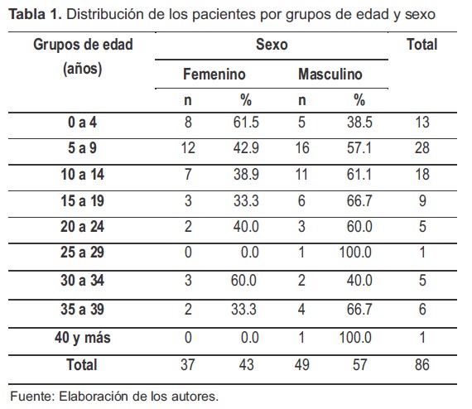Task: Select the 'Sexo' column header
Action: click(272, 45)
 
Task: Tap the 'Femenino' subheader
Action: click(214, 75)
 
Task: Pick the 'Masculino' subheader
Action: click(330, 75)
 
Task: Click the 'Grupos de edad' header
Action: click(83, 45)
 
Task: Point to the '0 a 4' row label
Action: click(83, 123)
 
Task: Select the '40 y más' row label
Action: click(83, 338)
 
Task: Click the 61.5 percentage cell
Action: click(246, 123)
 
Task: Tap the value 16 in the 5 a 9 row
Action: click(301, 151)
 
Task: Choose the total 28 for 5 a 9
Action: click(421, 151)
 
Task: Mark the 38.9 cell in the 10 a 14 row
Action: click(246, 177)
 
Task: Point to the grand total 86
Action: click(421, 364)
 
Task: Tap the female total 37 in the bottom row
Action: click(187, 364)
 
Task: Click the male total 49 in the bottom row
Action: click(301, 364)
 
